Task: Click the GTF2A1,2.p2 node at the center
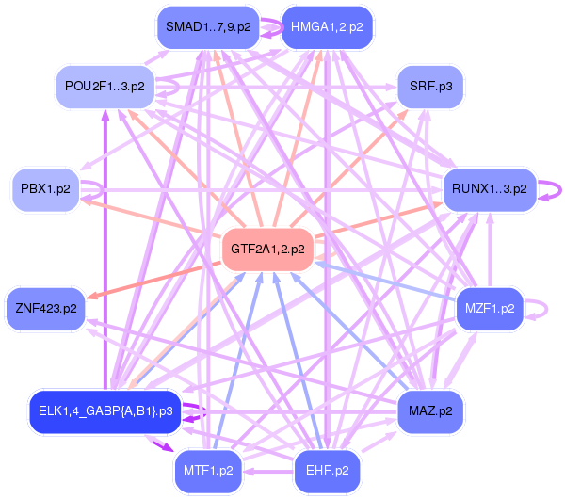click(x=267, y=249)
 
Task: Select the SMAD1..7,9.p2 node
click(x=208, y=26)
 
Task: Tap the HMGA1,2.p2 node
click(x=327, y=26)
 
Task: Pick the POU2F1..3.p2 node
click(x=105, y=86)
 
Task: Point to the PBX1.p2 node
click(x=45, y=189)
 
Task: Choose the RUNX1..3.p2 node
click(x=489, y=189)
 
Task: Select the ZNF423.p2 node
click(x=46, y=308)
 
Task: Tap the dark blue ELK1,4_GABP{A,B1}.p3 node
click(x=105, y=410)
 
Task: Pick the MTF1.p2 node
click(x=208, y=469)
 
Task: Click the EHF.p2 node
click(x=328, y=469)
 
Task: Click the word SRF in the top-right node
click(x=421, y=86)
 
